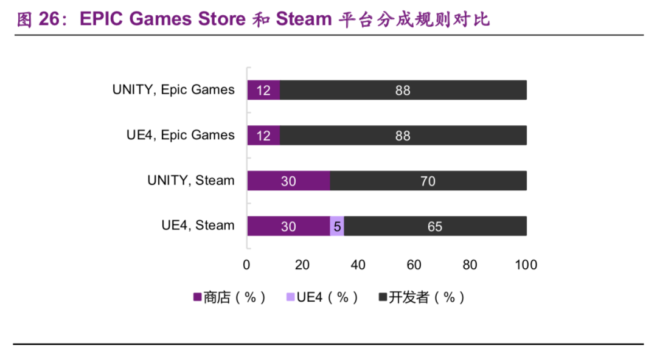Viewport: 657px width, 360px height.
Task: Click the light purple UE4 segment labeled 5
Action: coord(337,226)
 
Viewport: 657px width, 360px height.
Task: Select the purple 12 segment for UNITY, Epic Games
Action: coord(263,90)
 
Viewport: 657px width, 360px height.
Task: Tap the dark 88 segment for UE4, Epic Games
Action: coord(403,135)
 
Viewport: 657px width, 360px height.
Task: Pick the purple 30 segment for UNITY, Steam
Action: coord(288,181)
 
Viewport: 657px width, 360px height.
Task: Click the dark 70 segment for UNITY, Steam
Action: coord(428,181)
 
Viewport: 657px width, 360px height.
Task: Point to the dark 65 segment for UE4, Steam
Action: coord(434,226)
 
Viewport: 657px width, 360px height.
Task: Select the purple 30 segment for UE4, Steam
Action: coord(288,226)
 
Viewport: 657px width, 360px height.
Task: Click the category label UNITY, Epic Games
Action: coord(173,90)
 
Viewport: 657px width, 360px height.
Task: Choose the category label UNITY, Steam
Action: coord(191,181)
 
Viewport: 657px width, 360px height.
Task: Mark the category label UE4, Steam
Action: coord(198,226)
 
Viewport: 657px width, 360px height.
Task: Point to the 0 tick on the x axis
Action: coord(246,265)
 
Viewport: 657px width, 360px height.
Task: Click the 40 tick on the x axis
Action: coord(358,265)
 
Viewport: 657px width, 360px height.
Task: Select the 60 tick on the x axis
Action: coord(414,265)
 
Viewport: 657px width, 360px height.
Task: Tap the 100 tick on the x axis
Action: coord(526,265)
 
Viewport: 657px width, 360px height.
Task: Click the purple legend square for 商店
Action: coord(197,297)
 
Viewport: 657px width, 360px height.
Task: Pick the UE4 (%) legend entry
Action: coord(322,297)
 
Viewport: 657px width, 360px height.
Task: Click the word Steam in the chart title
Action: coord(304,19)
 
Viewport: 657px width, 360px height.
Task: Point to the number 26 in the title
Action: coord(50,19)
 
